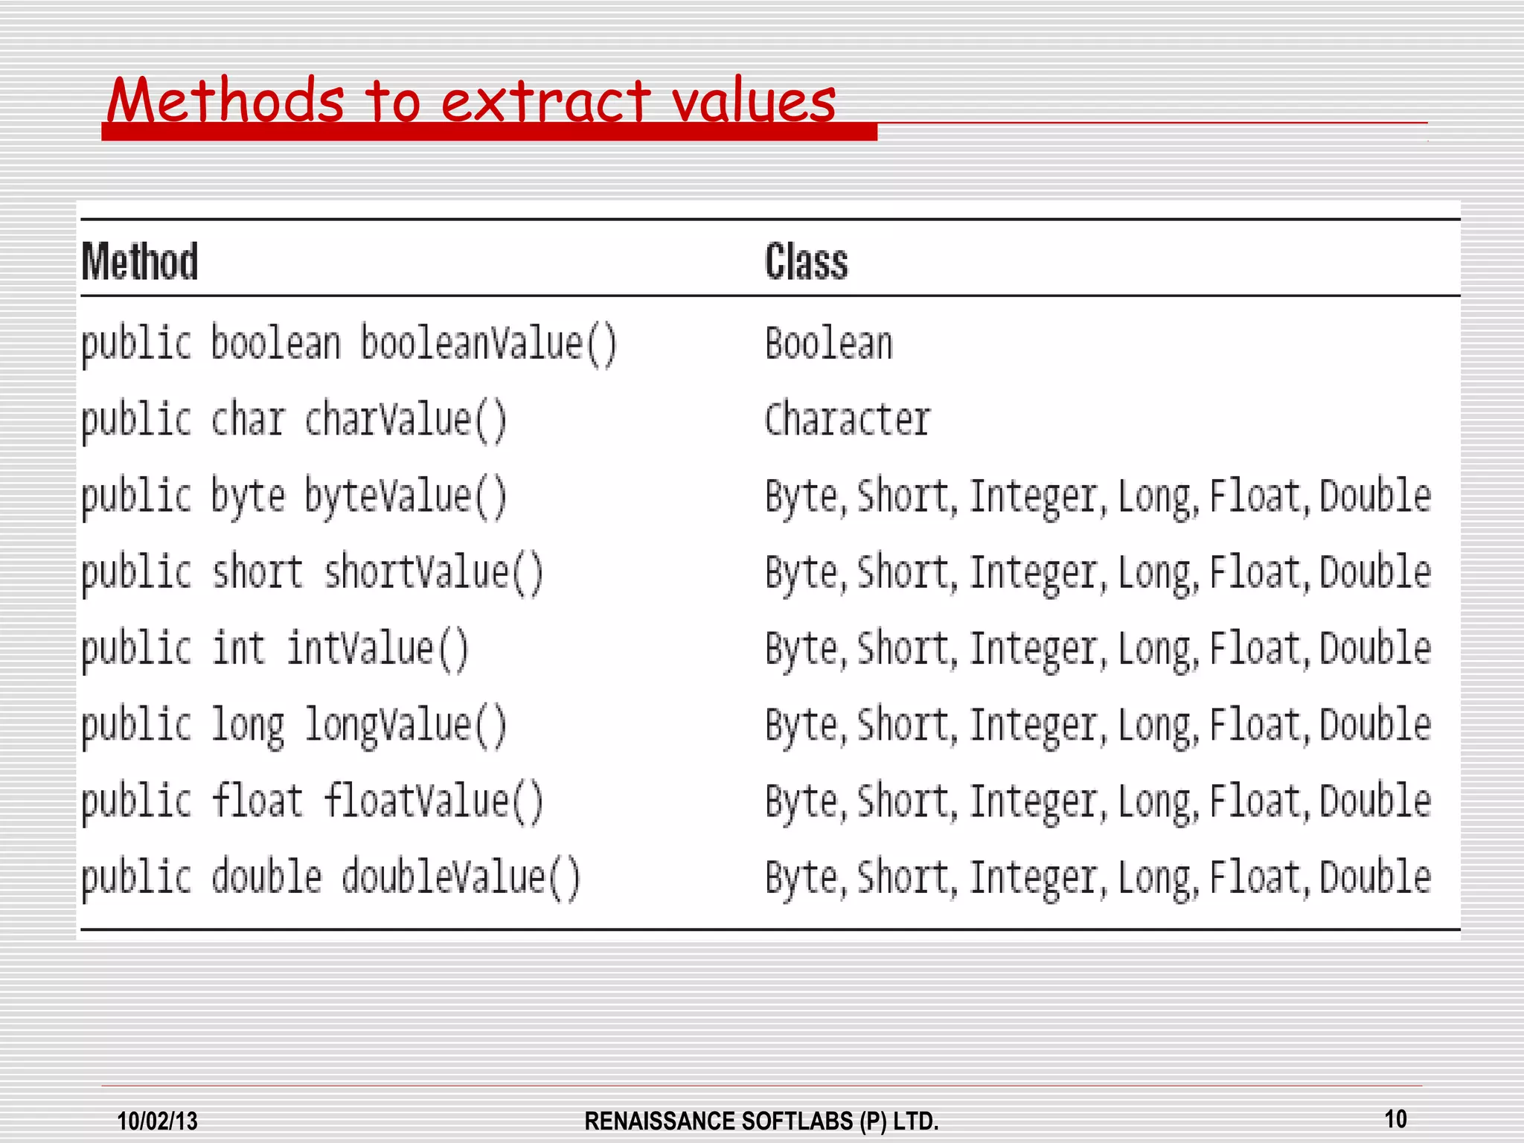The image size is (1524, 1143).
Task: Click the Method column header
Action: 140,262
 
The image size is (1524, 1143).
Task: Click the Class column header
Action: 807,262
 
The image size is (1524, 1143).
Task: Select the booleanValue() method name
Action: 489,344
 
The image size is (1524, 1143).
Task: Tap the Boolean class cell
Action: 829,344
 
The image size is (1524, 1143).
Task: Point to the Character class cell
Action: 848,420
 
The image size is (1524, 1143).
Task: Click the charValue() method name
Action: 406,420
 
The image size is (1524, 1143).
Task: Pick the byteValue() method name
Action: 406,496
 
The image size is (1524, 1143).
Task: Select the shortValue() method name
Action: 434,572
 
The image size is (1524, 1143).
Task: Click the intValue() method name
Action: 378,648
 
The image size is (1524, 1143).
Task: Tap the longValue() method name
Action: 406,725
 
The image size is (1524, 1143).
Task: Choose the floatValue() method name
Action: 434,801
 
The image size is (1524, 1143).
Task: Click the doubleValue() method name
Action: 461,877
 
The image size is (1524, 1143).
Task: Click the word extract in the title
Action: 545,101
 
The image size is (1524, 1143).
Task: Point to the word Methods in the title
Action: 225,101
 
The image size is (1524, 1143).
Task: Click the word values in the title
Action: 754,101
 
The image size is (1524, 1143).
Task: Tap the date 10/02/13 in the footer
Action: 158,1121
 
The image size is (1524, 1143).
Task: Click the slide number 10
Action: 1395,1118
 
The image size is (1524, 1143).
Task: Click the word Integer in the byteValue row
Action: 1034,496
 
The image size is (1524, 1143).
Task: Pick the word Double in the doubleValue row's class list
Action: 1375,877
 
